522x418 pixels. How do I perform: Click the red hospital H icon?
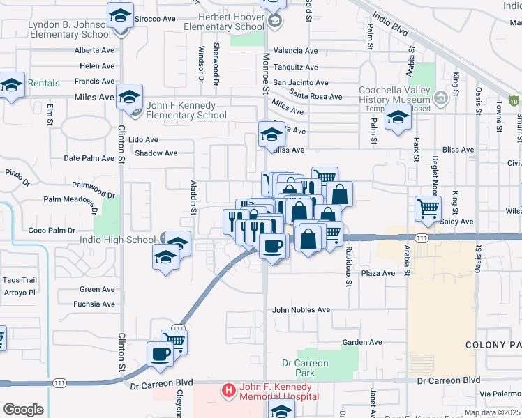(228, 391)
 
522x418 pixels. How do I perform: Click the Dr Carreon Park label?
(305, 368)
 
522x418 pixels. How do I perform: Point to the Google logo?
(23, 409)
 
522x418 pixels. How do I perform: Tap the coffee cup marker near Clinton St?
(161, 354)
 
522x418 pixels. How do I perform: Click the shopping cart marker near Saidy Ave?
(427, 207)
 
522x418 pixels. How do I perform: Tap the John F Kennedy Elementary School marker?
(130, 96)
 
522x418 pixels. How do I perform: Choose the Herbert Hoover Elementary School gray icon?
(274, 20)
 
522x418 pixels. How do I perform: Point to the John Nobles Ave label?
(301, 310)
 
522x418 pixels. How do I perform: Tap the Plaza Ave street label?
(378, 274)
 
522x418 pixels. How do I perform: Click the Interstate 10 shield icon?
(514, 102)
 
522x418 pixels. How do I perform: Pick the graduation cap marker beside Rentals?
(12, 84)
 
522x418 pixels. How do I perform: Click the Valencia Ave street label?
(295, 51)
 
